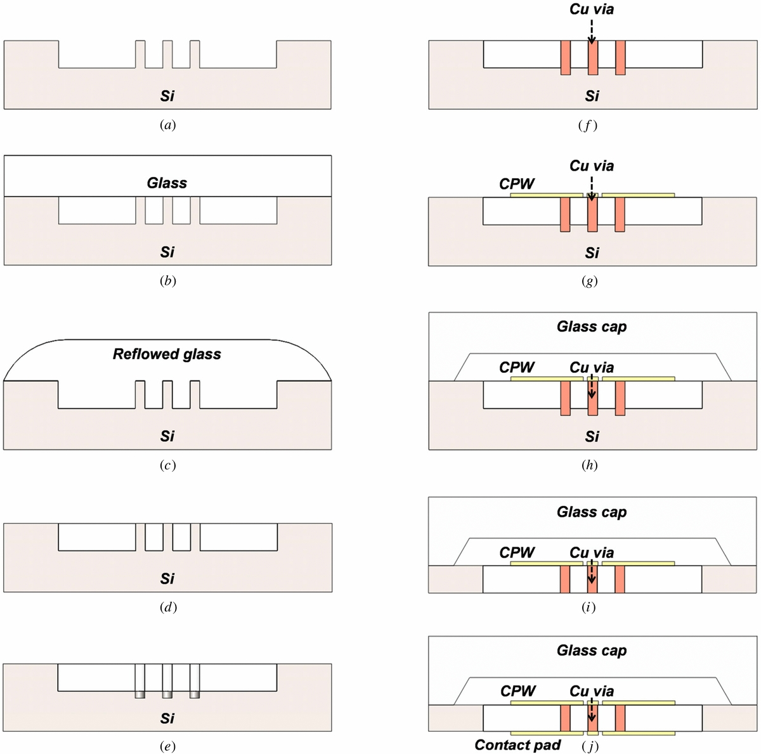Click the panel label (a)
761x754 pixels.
pyautogui.click(x=167, y=125)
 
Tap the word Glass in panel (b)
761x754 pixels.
pyautogui.click(x=167, y=183)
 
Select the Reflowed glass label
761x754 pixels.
pyautogui.click(x=167, y=354)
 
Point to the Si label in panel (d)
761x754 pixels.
pyautogui.click(x=167, y=578)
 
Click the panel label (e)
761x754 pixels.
pyautogui.click(x=167, y=746)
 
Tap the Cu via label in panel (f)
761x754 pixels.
pyautogui.click(x=591, y=10)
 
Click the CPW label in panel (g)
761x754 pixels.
pyautogui.click(x=517, y=184)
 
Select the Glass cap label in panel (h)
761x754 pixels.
pyautogui.click(x=591, y=327)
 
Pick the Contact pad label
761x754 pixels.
pyautogui.click(x=517, y=744)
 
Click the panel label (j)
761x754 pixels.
pyautogui.click(x=590, y=746)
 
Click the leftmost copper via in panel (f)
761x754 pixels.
pyautogui.click(x=566, y=58)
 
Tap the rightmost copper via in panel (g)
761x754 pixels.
pyautogui.click(x=620, y=214)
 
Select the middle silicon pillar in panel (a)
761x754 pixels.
pyautogui.click(x=167, y=54)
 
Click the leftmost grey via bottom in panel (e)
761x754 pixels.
pyautogui.click(x=140, y=694)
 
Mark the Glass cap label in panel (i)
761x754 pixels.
pyautogui.click(x=591, y=512)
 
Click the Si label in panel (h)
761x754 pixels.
pyautogui.click(x=591, y=436)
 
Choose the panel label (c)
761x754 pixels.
pyautogui.click(x=167, y=465)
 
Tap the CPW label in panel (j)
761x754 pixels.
pyautogui.click(x=517, y=691)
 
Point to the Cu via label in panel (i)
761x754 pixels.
pyautogui.click(x=591, y=552)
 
